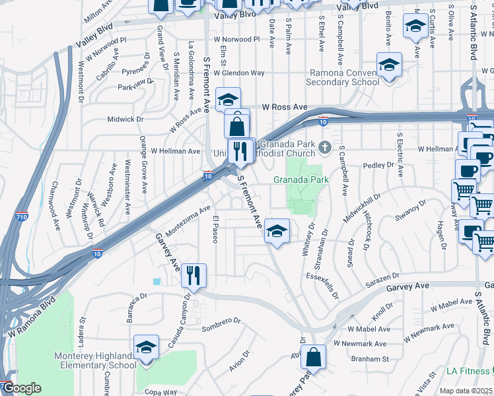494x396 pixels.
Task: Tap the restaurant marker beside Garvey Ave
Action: pos(194,275)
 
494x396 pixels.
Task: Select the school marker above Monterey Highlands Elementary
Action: pos(147,347)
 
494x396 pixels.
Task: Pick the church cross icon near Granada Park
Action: pos(324,146)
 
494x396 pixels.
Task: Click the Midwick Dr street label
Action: pos(125,119)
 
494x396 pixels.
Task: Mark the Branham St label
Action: pos(370,359)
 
